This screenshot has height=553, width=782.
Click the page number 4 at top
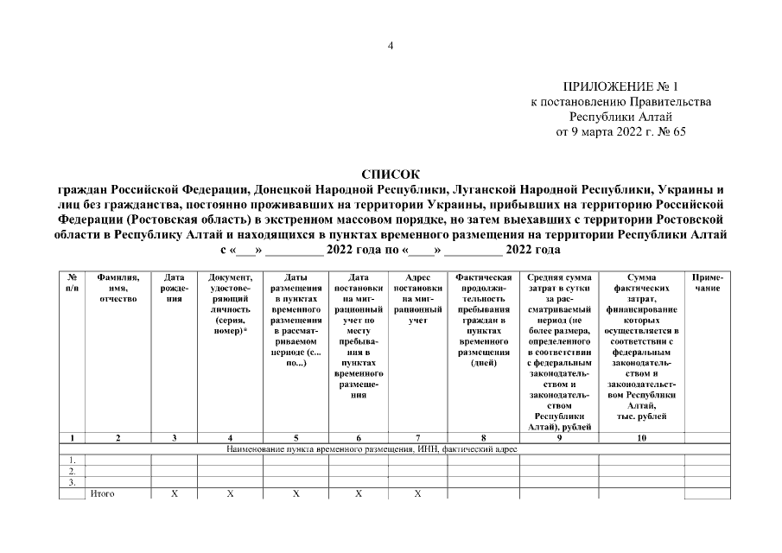coord(391,46)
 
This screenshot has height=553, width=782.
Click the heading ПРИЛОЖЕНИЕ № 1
coord(620,87)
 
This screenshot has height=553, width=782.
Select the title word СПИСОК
coord(391,174)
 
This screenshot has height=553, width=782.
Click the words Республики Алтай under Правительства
coord(620,117)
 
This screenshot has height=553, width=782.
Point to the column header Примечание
coord(708,283)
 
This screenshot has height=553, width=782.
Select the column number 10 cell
coord(641,438)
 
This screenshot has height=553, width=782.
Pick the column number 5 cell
coord(296,438)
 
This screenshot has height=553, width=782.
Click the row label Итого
coord(102,493)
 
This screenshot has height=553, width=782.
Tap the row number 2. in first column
coord(73,471)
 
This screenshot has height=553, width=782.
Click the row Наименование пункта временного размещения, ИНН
coord(372,449)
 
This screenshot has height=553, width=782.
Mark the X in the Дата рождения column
coord(175,493)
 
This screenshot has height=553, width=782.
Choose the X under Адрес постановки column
coord(417,493)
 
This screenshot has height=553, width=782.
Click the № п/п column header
coord(73,283)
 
